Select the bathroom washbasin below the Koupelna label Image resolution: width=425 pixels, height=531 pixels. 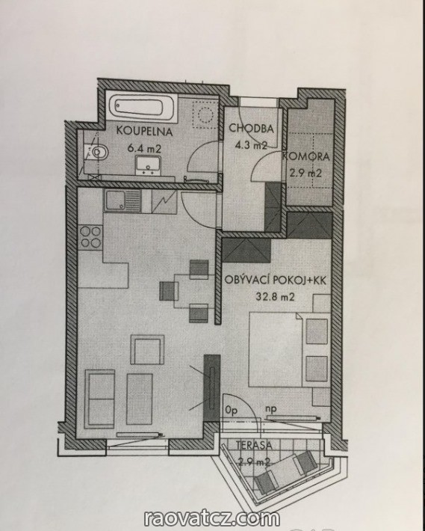click(149, 165)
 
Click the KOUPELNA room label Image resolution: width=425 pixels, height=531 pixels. click(145, 131)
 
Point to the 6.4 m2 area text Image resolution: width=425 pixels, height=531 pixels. click(144, 148)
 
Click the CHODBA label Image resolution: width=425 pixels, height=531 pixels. click(251, 129)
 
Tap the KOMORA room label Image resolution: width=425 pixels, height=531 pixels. click(306, 157)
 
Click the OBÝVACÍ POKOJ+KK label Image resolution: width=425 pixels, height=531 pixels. click(276, 280)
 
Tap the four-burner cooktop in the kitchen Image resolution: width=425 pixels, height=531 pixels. click(90, 237)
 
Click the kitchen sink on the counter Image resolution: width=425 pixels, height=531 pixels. click(122, 200)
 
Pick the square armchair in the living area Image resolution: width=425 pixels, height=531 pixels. click(147, 350)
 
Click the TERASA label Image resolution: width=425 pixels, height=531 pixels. click(254, 445)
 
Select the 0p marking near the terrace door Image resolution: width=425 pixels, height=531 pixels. click(232, 410)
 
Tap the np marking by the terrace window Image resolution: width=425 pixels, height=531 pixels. click(271, 409)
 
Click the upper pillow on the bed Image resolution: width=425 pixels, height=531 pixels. click(317, 331)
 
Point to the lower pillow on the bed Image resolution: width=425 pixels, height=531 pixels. click(317, 369)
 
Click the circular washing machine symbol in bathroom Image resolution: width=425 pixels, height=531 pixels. click(205, 114)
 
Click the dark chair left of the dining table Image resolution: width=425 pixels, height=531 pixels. click(169, 291)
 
